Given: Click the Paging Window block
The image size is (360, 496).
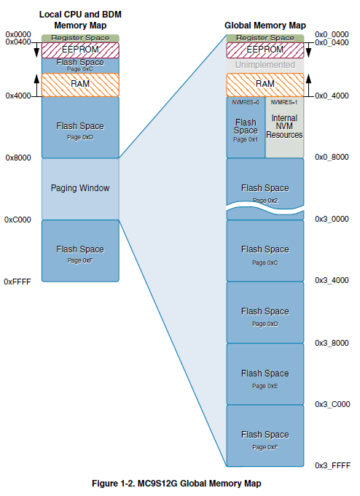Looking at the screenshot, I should [80, 188].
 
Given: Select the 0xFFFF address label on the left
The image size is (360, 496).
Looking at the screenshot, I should [17, 281].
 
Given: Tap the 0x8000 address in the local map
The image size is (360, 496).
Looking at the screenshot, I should [17, 158].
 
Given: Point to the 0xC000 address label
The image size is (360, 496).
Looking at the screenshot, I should [17, 220].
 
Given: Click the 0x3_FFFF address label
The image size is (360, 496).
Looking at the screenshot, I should [332, 465].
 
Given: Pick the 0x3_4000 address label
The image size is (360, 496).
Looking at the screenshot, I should [332, 280].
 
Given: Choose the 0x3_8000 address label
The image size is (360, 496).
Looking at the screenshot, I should [332, 342].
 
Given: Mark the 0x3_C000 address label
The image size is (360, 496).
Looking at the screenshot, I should [332, 404].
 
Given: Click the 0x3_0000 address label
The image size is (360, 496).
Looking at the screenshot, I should [332, 219].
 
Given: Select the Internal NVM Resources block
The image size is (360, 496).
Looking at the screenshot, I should [285, 127].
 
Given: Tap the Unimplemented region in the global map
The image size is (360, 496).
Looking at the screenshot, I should [265, 65].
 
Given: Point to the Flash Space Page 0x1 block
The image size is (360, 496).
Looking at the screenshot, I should [246, 130].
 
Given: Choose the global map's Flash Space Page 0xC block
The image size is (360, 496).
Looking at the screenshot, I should [265, 250].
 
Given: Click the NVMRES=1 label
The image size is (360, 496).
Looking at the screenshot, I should [285, 102].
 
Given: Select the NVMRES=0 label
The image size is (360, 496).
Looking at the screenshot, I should [246, 102].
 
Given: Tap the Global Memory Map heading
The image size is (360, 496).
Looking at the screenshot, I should [265, 26].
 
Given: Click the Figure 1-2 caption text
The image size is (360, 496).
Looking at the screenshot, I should [176, 483].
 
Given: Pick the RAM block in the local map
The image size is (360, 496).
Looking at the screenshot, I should [80, 84].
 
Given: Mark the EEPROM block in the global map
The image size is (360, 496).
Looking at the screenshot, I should [265, 49].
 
